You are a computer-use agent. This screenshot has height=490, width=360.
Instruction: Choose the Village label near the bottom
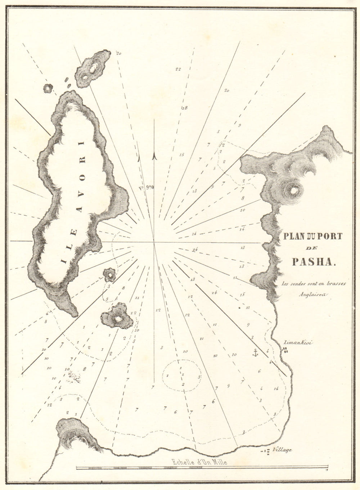[x=282, y=450]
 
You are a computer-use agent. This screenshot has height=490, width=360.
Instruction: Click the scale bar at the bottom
[x=202, y=468]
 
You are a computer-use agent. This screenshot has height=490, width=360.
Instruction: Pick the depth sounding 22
[x=178, y=69]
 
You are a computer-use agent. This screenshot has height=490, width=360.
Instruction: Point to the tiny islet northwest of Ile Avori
[x=48, y=88]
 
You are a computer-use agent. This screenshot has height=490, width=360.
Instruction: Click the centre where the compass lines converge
[x=154, y=242]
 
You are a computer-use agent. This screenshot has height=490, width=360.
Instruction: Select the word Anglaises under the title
[x=312, y=293]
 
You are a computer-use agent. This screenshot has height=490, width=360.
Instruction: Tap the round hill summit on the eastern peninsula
[x=294, y=190]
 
